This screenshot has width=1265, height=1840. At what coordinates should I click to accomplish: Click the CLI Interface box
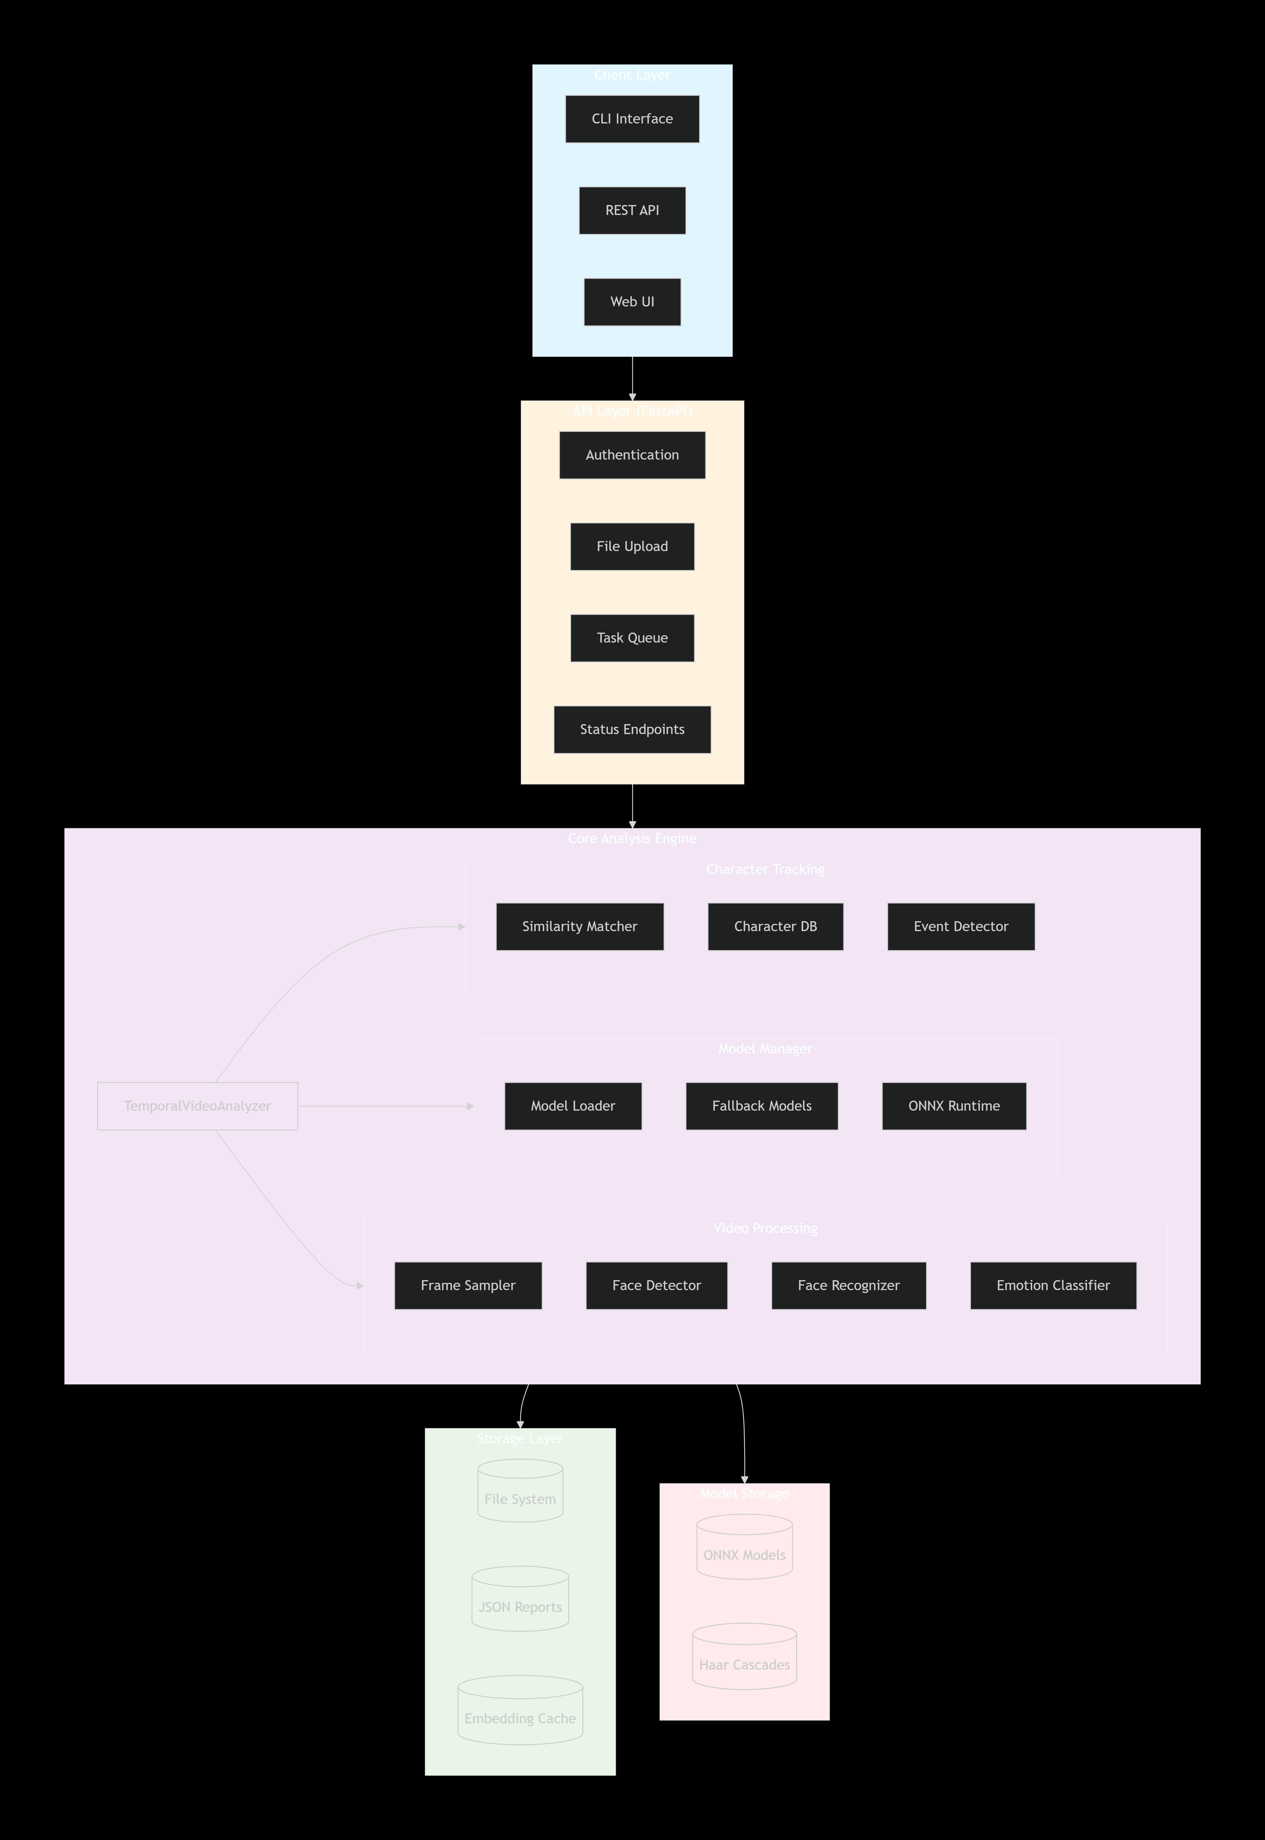click(632, 119)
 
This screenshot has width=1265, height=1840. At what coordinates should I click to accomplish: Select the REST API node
click(632, 210)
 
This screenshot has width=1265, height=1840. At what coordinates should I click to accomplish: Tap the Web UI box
click(632, 301)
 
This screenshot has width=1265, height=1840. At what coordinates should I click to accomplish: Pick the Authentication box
click(632, 455)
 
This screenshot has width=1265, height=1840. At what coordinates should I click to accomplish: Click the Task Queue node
click(632, 637)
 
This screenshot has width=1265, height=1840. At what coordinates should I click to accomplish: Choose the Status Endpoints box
click(632, 729)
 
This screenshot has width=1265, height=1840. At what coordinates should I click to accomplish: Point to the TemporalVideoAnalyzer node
click(197, 1106)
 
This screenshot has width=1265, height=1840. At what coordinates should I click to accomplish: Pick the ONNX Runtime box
click(953, 1106)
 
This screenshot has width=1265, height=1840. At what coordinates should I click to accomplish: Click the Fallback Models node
click(762, 1106)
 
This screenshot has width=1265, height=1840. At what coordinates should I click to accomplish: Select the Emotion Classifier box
click(1052, 1285)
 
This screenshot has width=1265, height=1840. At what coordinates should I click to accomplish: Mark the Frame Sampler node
click(468, 1285)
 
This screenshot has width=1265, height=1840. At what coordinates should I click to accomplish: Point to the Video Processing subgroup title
click(765, 1228)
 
